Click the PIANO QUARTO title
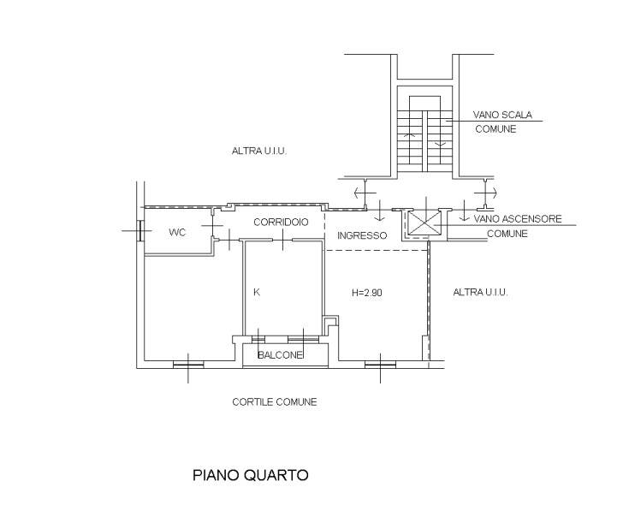tap(250, 475)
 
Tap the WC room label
tap(177, 233)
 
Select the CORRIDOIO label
tap(281, 222)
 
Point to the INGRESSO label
tap(362, 235)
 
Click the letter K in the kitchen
tap(257, 293)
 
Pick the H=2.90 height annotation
tap(367, 293)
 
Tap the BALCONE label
tap(280, 355)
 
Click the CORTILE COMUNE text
tap(275, 402)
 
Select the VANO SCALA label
tap(502, 115)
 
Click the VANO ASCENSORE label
tap(518, 219)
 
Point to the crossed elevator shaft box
tap(425, 225)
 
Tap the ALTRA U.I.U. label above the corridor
tap(259, 151)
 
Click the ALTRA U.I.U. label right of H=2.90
tap(480, 293)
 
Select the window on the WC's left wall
tap(139, 230)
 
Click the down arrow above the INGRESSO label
tap(380, 211)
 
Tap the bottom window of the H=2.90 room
tap(380, 364)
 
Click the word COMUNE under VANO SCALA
tap(495, 129)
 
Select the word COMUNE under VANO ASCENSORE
tap(507, 234)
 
